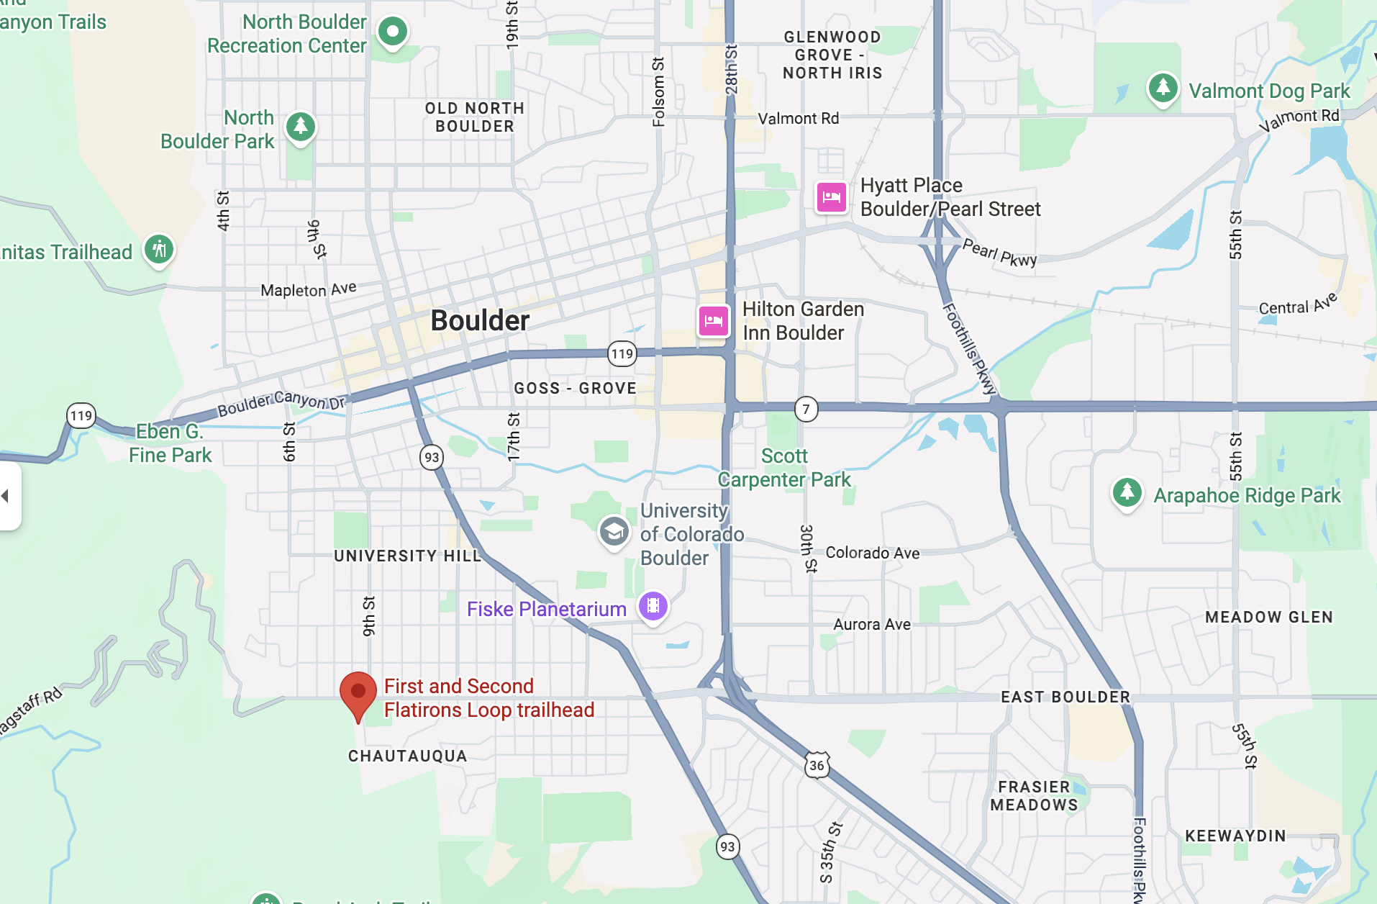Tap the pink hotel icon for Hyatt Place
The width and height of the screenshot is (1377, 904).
point(831,196)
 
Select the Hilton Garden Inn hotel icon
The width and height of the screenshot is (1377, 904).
point(714,320)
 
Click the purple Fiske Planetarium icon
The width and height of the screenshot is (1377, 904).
point(653,606)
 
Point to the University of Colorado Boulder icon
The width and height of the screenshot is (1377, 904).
point(614,532)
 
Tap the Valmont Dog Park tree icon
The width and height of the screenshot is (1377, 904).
point(1163,89)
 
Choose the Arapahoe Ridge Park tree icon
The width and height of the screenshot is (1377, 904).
point(1127,493)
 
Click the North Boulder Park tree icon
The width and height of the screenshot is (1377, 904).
point(301,127)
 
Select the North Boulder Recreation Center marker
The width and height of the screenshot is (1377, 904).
point(393,31)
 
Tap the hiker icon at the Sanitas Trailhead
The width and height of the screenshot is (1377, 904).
point(159,250)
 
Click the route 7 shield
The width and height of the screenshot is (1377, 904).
point(806,410)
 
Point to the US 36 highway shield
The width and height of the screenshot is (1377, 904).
point(817,765)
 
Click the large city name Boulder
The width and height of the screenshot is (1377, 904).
point(480,320)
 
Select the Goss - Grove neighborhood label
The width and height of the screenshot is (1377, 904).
point(575,388)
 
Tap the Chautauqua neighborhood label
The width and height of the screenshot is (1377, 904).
point(407,756)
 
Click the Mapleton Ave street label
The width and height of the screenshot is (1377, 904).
point(308,289)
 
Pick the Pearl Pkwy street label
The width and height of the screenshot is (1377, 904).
point(999,253)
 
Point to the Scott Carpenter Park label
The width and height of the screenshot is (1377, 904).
point(784,468)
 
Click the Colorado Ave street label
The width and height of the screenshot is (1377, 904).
point(872,553)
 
